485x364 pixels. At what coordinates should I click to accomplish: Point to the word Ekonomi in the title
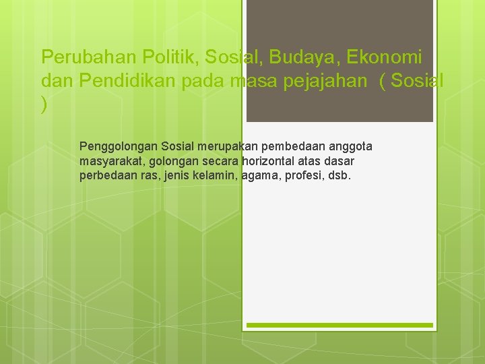(386, 57)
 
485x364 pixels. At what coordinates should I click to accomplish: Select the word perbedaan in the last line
(108, 177)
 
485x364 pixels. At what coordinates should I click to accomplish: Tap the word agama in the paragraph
(258, 177)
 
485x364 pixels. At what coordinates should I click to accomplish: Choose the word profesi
(302, 177)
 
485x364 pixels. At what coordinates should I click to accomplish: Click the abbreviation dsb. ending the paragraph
(339, 177)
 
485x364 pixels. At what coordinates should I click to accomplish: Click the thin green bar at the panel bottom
(339, 326)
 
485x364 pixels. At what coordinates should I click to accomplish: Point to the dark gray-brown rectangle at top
(339, 61)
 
